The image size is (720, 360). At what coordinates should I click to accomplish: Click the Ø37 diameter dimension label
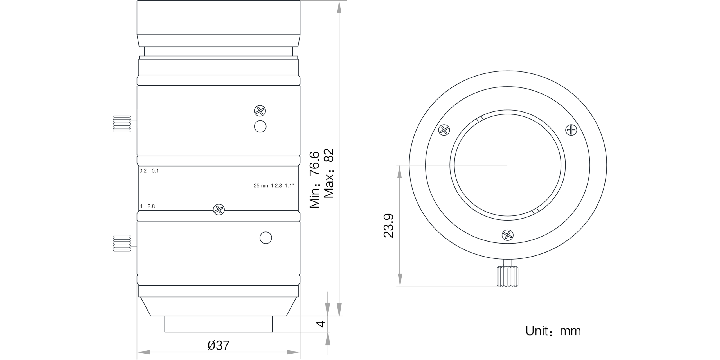[219, 345]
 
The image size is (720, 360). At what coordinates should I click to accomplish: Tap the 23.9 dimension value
[389, 226]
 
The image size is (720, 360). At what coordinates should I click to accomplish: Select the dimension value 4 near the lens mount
[321, 324]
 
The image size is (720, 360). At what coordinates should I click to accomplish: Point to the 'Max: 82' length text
[328, 173]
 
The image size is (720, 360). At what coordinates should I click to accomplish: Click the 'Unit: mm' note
[553, 331]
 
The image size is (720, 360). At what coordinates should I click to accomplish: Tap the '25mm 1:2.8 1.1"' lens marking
[274, 186]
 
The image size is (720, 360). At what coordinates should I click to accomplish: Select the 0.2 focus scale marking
[143, 171]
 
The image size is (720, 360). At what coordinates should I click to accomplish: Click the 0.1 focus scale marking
[155, 171]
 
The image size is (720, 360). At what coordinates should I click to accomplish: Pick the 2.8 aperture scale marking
[151, 206]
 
